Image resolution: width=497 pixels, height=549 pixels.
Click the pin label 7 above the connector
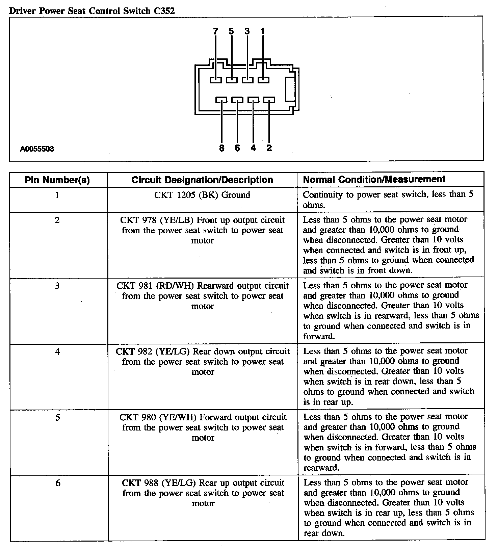216,31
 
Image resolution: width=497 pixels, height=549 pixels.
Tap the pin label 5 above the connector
231,31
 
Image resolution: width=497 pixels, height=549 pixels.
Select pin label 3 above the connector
247,31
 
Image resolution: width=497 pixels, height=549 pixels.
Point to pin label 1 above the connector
263,31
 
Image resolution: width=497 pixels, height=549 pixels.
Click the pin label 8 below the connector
222,148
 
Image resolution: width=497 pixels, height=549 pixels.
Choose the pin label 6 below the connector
237,148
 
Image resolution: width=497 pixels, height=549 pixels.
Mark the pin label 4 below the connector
253,148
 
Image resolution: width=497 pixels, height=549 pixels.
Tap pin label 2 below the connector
269,148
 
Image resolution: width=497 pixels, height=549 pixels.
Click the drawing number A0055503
37,149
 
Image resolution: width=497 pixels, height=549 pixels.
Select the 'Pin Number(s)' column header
57,180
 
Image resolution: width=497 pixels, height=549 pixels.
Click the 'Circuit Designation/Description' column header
202,180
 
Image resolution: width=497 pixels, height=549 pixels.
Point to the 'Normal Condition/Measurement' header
374,179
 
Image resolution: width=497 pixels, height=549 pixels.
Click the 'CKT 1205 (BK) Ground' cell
202,195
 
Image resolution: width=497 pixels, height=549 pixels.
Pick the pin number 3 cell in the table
57,286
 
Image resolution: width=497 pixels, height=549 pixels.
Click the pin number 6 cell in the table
58,483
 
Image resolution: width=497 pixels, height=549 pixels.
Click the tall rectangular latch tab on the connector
290,89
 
